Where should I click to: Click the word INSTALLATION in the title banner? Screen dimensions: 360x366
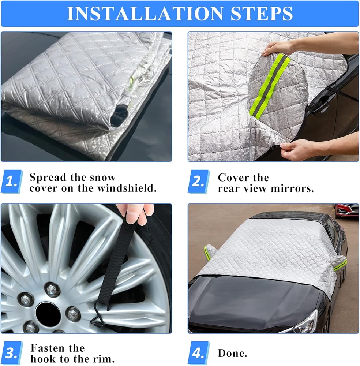[x=145, y=14]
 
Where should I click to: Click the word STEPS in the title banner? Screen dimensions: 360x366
[x=262, y=14]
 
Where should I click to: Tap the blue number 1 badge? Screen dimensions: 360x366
[x=12, y=182]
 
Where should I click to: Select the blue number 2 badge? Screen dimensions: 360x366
[x=199, y=182]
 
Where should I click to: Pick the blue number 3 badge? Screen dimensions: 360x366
[x=12, y=353]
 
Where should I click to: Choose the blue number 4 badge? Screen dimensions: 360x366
[x=199, y=353]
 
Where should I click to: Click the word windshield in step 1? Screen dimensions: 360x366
[x=127, y=188]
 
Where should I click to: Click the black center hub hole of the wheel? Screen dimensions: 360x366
[x=48, y=314]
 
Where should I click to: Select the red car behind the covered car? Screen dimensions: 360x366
[x=346, y=210]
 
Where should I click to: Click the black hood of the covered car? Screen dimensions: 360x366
[x=252, y=299]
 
